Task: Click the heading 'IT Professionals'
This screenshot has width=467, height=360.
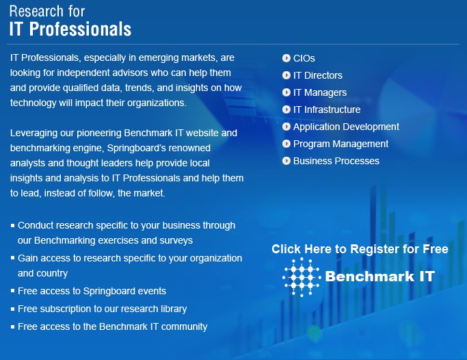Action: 70,29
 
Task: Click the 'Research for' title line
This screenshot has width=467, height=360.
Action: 47,12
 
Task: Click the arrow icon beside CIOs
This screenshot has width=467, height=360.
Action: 286,58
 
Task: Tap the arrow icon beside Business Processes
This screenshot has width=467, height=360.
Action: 286,161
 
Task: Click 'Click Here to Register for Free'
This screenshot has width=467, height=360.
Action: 360,249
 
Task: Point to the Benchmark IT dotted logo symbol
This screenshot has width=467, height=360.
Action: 302,277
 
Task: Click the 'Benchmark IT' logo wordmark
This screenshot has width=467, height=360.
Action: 379,277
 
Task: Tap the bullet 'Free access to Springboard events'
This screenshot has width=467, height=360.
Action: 92,291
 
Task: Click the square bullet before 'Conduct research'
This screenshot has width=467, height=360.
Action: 12,226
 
